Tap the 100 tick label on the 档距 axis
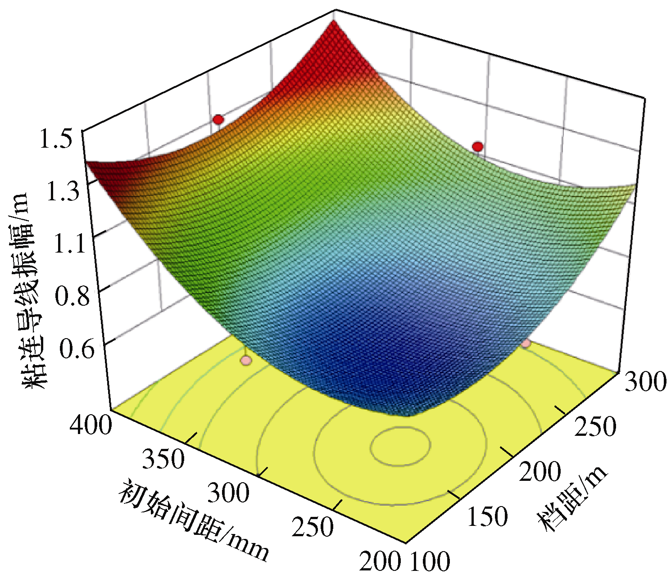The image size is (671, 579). [430, 561]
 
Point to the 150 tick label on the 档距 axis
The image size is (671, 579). [487, 516]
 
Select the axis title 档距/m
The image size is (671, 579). [572, 499]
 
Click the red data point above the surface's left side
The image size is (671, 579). [218, 119]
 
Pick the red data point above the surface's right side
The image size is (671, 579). [477, 146]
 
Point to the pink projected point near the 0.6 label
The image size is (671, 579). [245, 360]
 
